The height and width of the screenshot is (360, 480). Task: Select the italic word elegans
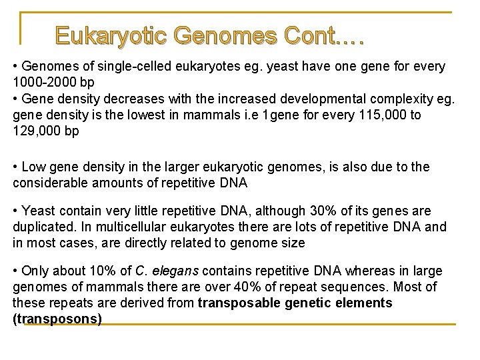[175, 271]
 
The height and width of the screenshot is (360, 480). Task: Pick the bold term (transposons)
[57, 319]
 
